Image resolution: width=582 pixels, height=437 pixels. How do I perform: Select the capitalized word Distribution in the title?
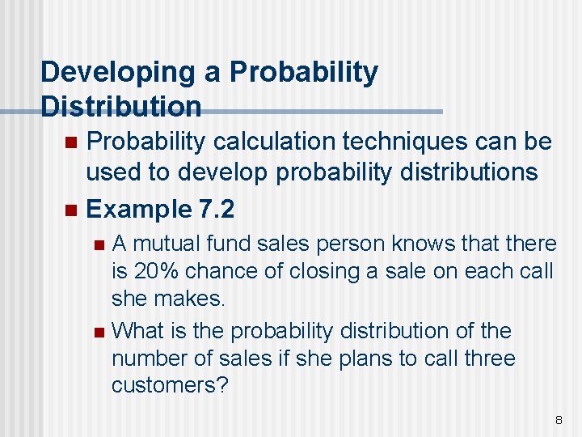point(121,106)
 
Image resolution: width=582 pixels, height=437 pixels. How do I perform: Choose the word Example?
point(138,210)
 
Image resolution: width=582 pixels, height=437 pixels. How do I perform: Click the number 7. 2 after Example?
point(216,210)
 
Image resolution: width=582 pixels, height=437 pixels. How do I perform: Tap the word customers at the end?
point(170,385)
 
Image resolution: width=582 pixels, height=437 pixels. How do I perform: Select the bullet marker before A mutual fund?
point(99,244)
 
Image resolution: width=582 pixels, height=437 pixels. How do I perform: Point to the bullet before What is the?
point(99,332)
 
